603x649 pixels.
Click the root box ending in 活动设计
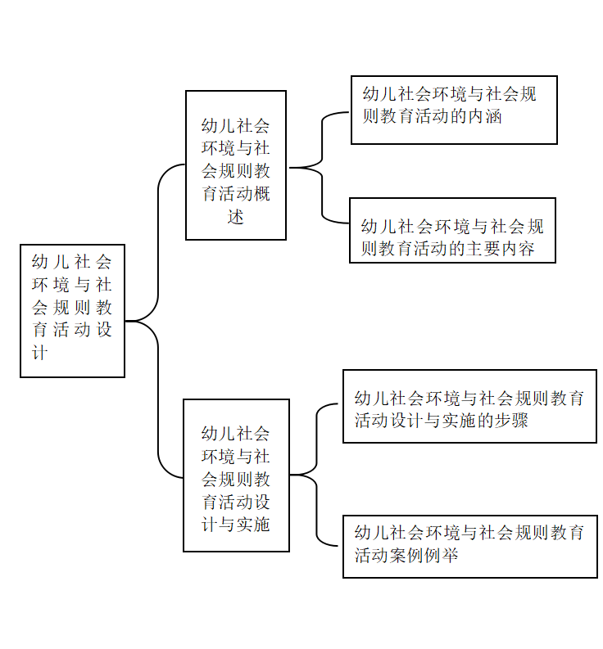[73, 311]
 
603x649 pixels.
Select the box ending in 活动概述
[236, 165]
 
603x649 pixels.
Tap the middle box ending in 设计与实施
[236, 475]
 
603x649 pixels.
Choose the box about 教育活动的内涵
[454, 110]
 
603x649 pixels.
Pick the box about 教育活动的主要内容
[452, 231]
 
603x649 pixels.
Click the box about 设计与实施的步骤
[470, 407]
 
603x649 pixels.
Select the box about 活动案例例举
[470, 547]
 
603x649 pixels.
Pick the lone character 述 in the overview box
[236, 217]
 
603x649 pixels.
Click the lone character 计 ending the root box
[40, 353]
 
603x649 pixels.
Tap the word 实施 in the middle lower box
[253, 525]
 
